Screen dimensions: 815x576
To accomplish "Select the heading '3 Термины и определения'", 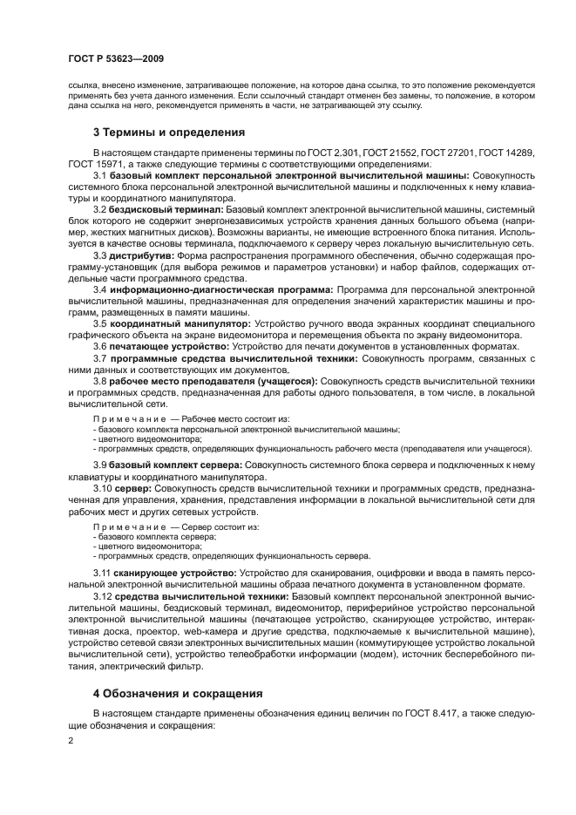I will click(168, 132).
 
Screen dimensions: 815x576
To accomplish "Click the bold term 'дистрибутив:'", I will click(142, 256).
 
